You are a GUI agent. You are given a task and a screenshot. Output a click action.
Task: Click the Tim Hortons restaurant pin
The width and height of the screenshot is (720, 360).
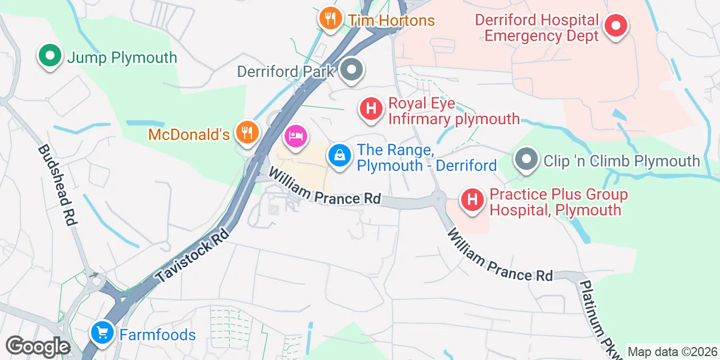pos(330,19)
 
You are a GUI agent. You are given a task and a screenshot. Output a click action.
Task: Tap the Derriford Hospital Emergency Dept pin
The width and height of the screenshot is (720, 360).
pos(616,26)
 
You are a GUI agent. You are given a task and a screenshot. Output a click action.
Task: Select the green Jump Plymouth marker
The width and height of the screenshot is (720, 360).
pos(50,56)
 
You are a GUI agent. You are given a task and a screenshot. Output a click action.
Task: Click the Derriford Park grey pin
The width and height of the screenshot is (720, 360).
pos(353,71)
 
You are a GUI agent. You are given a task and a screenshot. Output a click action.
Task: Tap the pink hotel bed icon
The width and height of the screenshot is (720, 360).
pos(296,136)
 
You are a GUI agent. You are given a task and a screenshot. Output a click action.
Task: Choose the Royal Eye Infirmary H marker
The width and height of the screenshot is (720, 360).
pos(371,109)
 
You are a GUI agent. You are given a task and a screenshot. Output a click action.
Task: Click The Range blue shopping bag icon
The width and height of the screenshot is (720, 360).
pos(339,156)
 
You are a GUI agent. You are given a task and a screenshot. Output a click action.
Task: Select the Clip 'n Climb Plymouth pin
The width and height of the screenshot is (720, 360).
pos(526,160)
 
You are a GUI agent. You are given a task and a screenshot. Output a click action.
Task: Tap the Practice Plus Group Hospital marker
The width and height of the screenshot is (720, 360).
pos(472,200)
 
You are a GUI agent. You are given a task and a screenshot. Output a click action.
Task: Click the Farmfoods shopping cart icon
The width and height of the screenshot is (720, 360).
pos(102,333)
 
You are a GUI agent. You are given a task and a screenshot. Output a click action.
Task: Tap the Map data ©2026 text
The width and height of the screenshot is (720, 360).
pos(672,352)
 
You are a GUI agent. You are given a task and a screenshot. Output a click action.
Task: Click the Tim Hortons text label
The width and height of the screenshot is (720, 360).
pos(391,21)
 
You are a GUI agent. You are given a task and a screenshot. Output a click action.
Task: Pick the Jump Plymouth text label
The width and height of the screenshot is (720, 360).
pos(122,57)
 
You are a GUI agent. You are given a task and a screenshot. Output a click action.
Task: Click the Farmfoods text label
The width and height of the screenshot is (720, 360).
pos(157,335)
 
